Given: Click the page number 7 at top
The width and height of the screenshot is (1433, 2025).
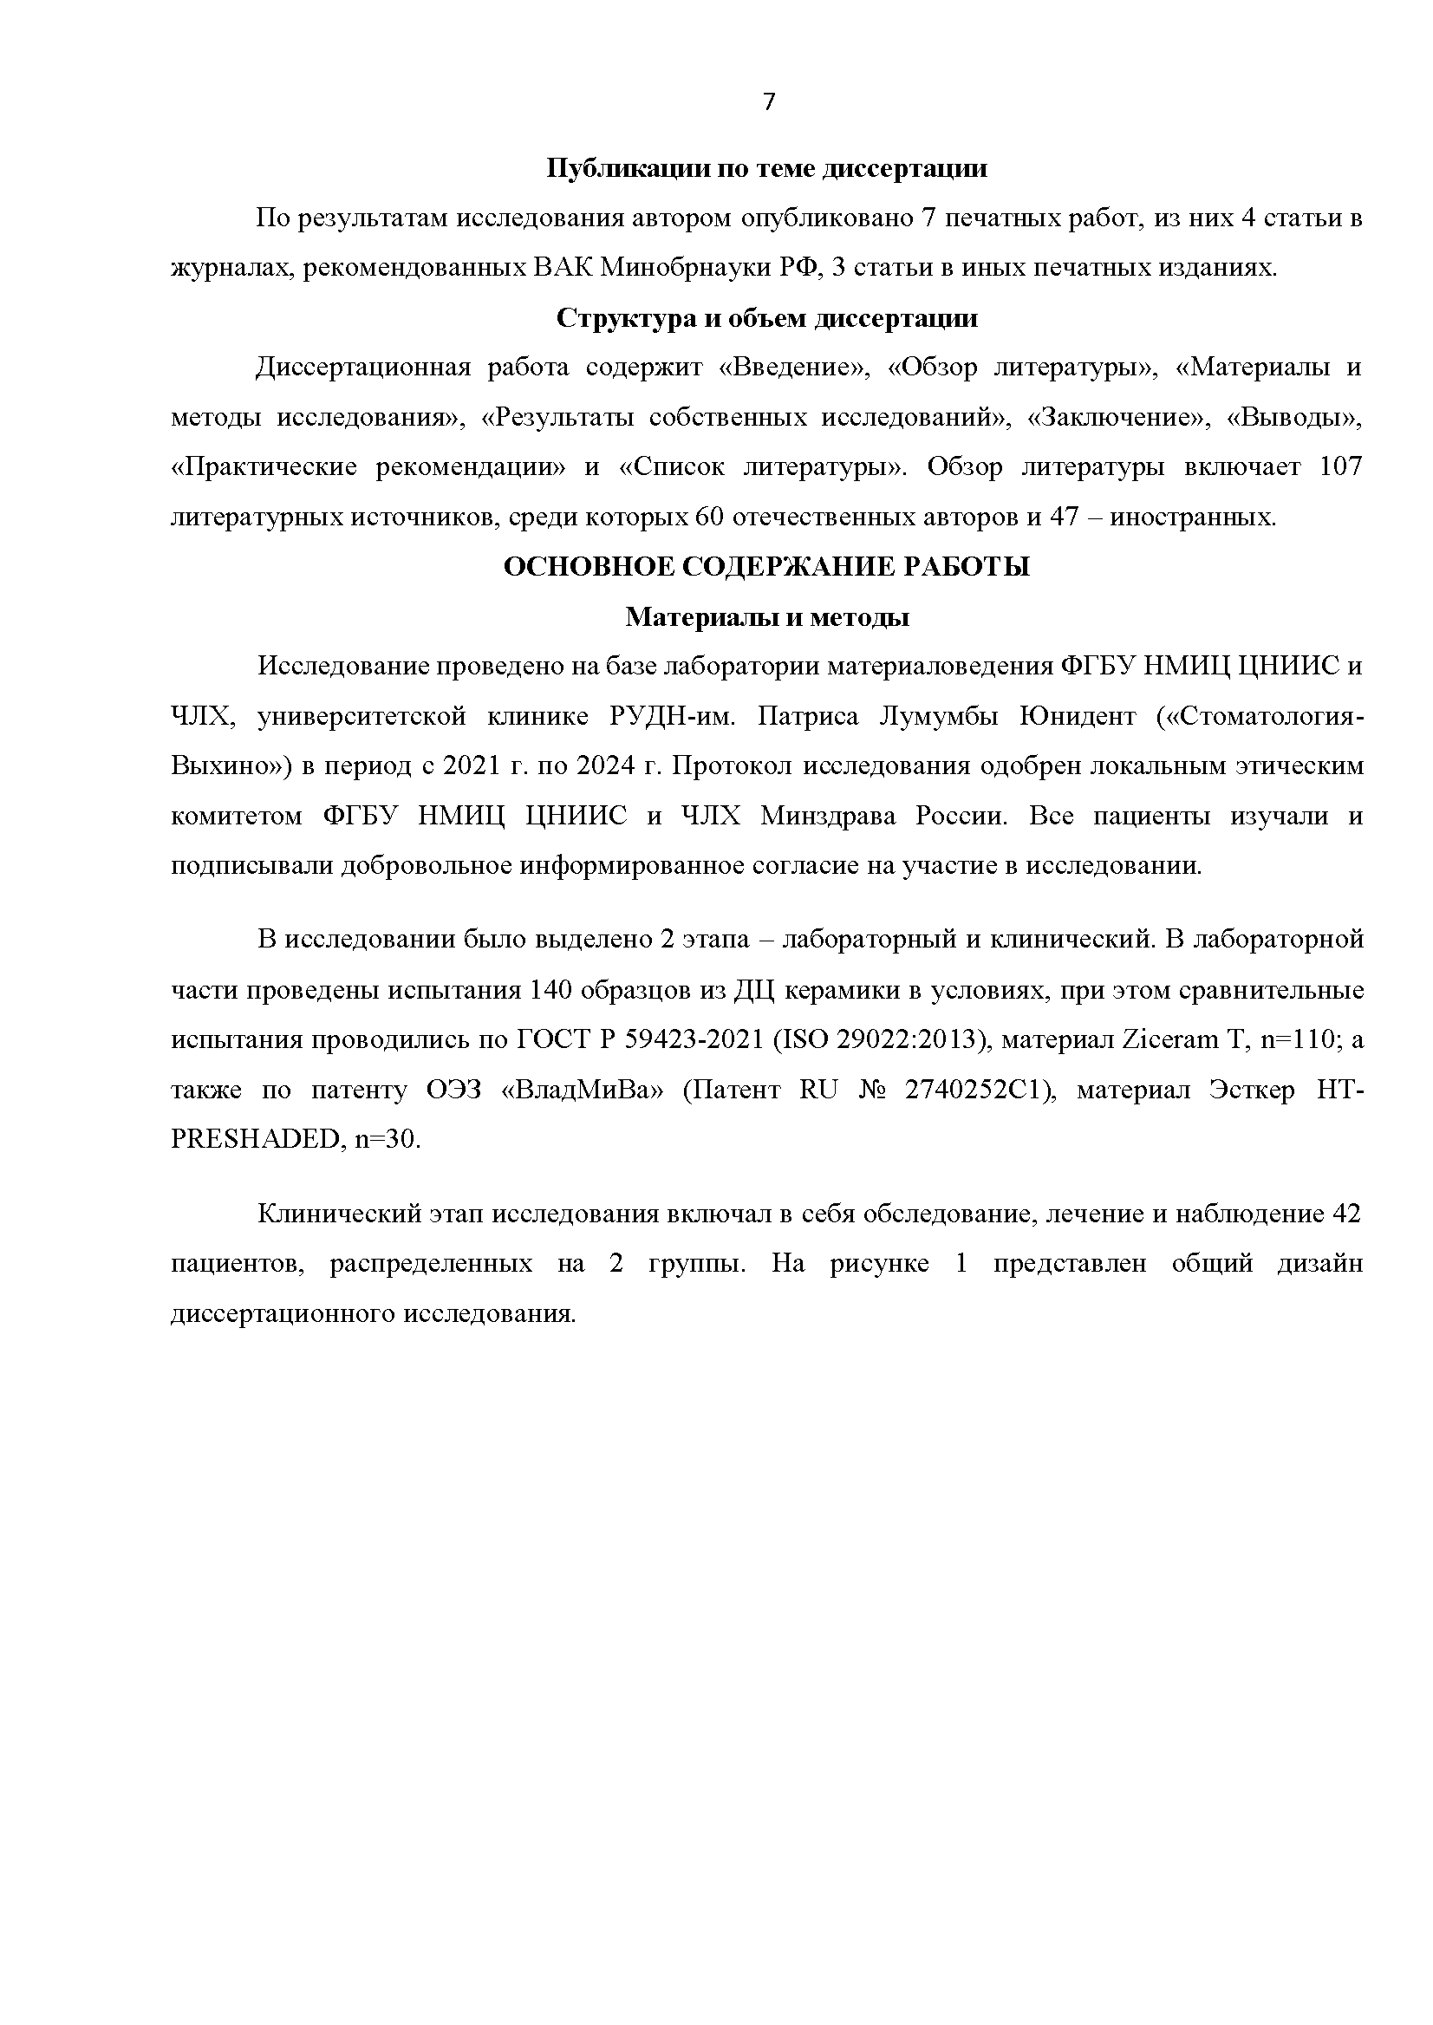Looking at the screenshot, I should pos(769,103).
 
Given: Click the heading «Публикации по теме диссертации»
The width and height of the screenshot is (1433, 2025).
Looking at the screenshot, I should pos(766,168).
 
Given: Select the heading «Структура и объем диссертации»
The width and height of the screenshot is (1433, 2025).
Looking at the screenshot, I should pos(766,318).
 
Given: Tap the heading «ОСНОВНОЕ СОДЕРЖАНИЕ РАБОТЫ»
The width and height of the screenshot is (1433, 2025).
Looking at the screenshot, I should pos(766,566).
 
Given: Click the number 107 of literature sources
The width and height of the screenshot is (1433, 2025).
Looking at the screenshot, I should pos(1339,466).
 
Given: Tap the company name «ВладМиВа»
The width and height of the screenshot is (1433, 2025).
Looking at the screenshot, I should pos(583,1091).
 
